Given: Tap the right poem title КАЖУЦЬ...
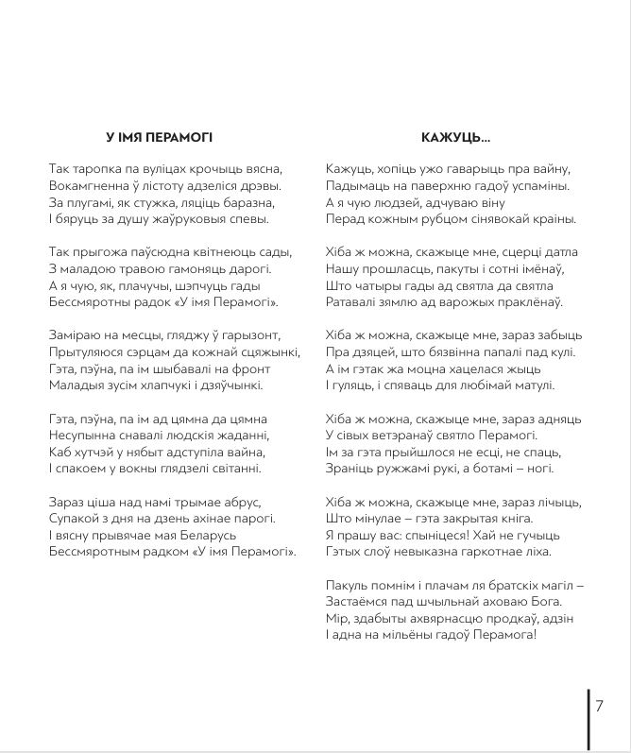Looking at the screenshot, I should [456, 136].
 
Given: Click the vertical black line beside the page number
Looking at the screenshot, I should [588, 718].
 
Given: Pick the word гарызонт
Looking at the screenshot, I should [270, 335].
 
